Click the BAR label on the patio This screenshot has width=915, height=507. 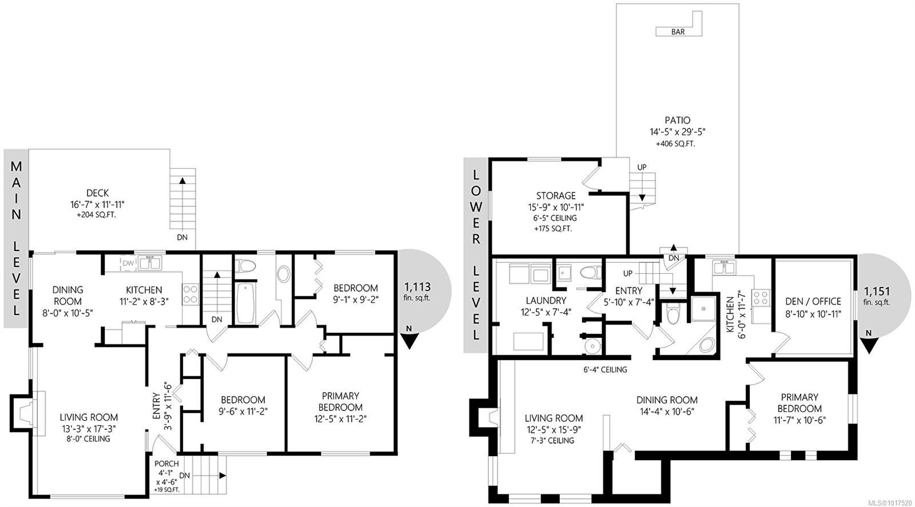[x=678, y=32]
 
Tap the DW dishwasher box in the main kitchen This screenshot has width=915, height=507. [x=128, y=264]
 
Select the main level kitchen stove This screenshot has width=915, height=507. [x=190, y=294]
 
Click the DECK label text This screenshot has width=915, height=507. [x=98, y=193]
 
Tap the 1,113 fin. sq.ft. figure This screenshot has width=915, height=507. [x=417, y=292]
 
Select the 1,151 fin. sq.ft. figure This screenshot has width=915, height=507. [x=877, y=296]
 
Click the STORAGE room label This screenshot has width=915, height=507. [x=556, y=195]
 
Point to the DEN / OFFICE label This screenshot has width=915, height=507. [x=813, y=301]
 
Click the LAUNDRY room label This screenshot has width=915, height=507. [x=546, y=301]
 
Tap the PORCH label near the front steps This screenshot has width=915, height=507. [x=166, y=464]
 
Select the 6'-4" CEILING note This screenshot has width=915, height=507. [x=605, y=370]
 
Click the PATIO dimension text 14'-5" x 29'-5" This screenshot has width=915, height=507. [x=678, y=132]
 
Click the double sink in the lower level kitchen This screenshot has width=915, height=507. [x=724, y=268]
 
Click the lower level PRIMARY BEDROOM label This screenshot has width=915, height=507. [x=799, y=403]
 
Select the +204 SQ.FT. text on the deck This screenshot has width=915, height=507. [x=97, y=215]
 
